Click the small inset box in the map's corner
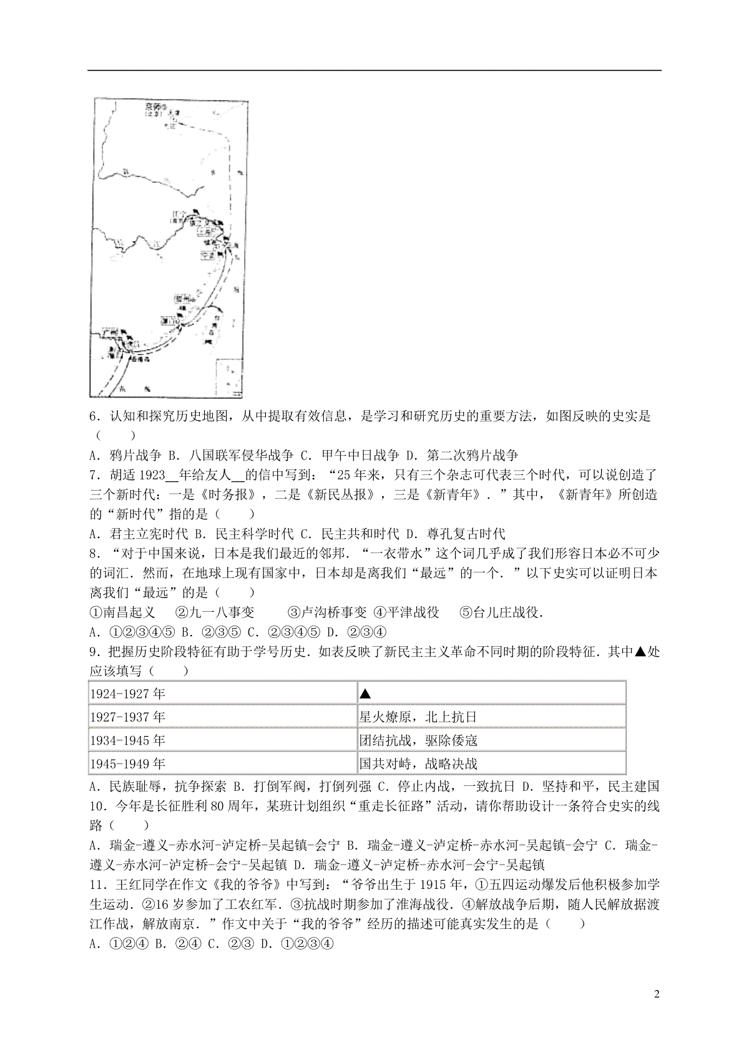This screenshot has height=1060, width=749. [228, 377]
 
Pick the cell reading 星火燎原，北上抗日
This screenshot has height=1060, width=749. [418, 717]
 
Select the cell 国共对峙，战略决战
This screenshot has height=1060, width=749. [418, 763]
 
